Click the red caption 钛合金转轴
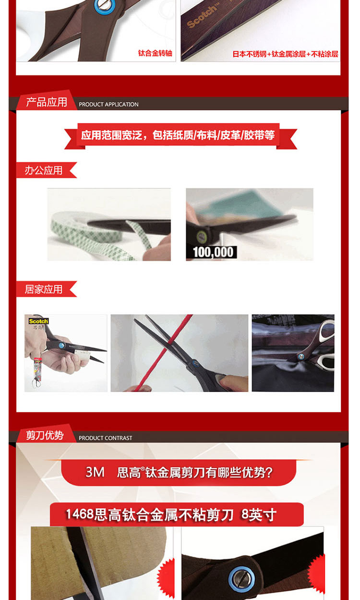(x=155, y=53)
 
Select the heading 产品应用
(x=47, y=102)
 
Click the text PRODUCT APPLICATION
(x=108, y=104)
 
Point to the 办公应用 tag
(x=44, y=170)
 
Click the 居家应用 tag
(x=44, y=289)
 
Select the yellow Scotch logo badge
(x=38, y=321)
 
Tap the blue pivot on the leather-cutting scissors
(x=301, y=356)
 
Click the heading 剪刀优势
(x=45, y=435)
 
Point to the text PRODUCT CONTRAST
(x=106, y=438)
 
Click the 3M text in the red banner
(x=95, y=472)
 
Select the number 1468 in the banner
(x=80, y=514)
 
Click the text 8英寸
(x=259, y=514)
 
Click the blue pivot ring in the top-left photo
(x=105, y=6)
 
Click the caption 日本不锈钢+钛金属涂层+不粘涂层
(x=285, y=54)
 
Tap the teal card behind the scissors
(x=241, y=204)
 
